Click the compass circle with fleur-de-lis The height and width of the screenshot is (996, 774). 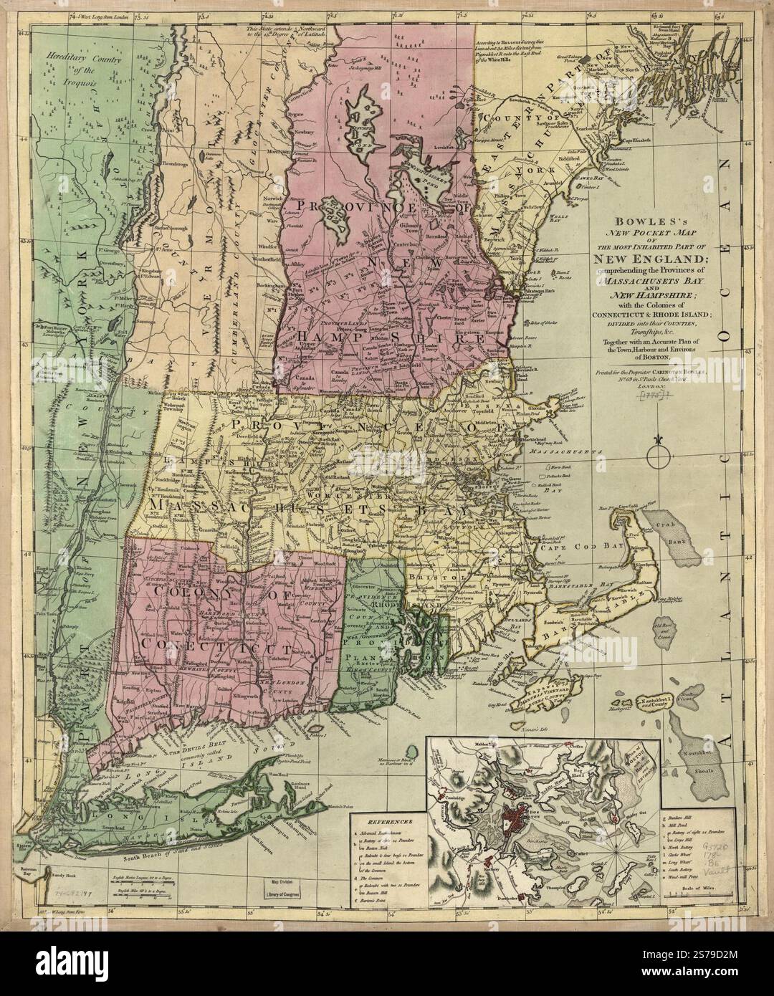point(656,454)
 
